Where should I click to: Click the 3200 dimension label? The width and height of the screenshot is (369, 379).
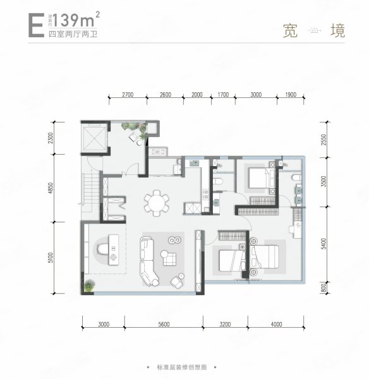click(x=226, y=325)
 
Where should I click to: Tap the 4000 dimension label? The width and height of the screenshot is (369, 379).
click(x=276, y=325)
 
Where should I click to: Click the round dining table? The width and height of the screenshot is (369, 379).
click(x=157, y=202)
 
